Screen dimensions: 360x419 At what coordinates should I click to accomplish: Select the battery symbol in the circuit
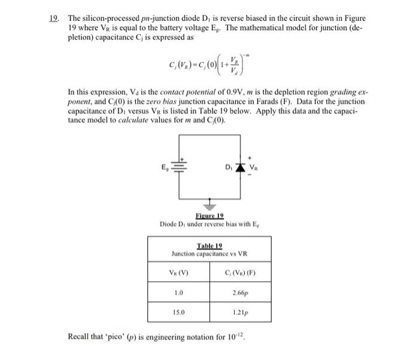click(x=178, y=167)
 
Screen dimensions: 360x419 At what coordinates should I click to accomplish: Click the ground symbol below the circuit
click(x=209, y=203)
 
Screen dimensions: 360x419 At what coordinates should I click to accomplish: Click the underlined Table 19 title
click(x=209, y=245)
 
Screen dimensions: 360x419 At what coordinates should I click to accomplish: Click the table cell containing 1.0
click(x=178, y=293)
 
